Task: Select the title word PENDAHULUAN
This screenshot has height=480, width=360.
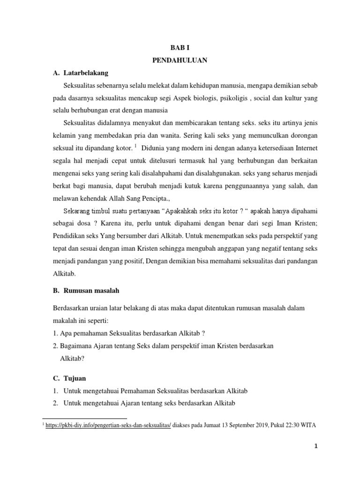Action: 180,60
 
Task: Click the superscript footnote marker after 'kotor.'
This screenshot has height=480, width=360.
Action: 135,145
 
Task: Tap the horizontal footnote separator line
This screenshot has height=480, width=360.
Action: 84,418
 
